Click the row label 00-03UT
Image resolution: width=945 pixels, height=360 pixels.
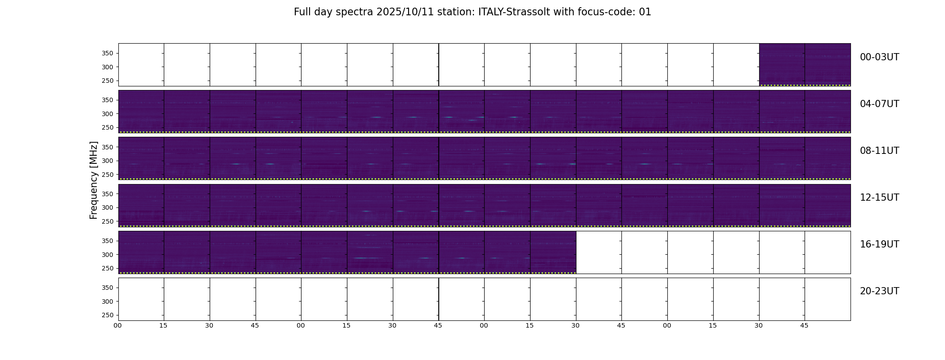click(879, 57)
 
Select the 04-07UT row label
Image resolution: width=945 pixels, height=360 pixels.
click(879, 104)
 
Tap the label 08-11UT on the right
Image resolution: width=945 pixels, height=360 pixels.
click(879, 151)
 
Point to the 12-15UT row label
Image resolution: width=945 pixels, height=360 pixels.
click(879, 198)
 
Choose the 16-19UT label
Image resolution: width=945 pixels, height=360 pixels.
click(879, 244)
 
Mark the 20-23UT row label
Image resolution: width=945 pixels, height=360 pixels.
click(879, 291)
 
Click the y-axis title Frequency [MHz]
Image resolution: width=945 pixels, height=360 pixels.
click(94, 180)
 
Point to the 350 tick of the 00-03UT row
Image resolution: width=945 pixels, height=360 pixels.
click(108, 54)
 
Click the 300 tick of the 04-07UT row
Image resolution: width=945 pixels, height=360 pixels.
click(108, 114)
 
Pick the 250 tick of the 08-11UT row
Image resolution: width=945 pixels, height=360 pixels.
click(108, 175)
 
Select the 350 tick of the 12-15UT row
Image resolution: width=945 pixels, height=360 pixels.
click(108, 194)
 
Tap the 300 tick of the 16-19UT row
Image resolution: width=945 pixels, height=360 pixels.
click(108, 255)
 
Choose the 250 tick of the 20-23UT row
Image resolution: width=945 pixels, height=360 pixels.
click(108, 315)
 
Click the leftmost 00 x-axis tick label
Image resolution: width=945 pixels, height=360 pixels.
click(117, 325)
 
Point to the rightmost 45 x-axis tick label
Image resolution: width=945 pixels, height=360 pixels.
click(804, 325)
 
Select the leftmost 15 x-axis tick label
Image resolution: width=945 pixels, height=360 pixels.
click(163, 325)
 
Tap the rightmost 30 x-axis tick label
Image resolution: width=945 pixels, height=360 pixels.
click(759, 325)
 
